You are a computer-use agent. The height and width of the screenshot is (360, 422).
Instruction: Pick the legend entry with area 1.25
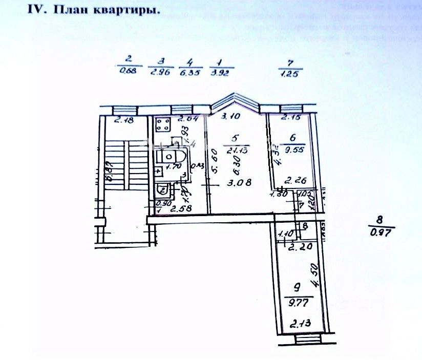290,68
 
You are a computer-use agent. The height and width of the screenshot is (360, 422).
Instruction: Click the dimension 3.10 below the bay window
231,117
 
